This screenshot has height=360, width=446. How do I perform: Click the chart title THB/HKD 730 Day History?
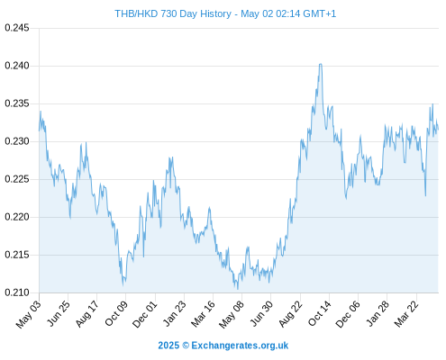click(x=173, y=13)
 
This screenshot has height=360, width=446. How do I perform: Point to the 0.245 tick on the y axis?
click(x=17, y=28)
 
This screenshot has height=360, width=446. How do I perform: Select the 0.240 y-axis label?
click(x=17, y=66)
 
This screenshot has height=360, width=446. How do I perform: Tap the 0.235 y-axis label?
click(x=17, y=103)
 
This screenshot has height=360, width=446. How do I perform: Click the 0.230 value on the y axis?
click(x=17, y=141)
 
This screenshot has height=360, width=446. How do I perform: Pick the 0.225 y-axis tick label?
click(x=17, y=179)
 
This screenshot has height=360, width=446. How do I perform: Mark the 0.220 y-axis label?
click(x=17, y=217)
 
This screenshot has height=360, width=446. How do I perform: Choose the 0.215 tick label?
click(x=17, y=255)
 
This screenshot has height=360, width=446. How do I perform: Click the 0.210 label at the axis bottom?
click(x=17, y=292)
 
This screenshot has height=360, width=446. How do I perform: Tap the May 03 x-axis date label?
click(x=29, y=314)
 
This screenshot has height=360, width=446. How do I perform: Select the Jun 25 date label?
click(x=59, y=313)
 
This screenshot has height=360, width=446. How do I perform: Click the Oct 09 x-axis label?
click(x=116, y=313)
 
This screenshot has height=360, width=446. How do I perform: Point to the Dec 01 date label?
click(x=145, y=314)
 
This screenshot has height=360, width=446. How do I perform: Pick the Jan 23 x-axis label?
click(x=174, y=313)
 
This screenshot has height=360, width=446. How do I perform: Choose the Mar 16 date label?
click(x=203, y=314)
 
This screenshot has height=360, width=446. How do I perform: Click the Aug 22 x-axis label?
click(x=289, y=314)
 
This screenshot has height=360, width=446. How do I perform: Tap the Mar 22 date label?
click(x=406, y=314)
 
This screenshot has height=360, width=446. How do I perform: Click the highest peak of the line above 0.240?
click(x=321, y=64)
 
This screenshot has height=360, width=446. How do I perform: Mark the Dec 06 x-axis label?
click(x=348, y=314)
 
